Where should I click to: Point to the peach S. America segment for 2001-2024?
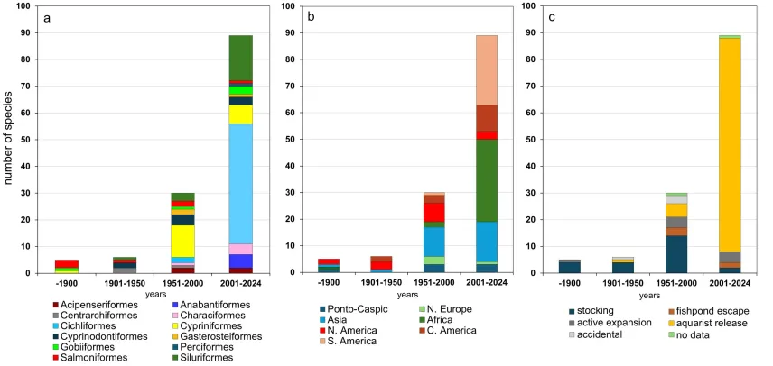[x=487, y=69]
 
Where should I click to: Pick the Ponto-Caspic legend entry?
[x=340, y=309]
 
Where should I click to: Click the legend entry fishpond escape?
[x=691, y=310]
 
